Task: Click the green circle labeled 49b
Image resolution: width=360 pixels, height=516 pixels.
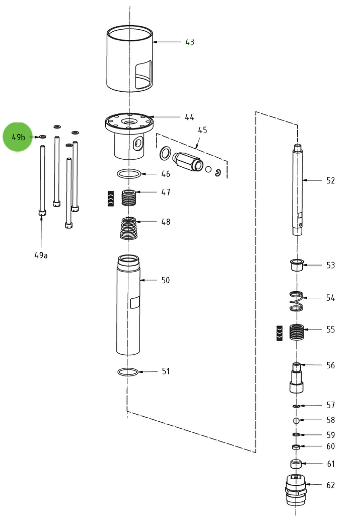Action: pyautogui.click(x=18, y=137)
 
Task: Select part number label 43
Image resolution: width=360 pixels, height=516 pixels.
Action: pyautogui.click(x=189, y=42)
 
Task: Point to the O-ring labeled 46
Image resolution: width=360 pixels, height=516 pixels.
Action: pyautogui.click(x=129, y=174)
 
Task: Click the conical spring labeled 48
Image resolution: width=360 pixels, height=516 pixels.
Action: pyautogui.click(x=130, y=228)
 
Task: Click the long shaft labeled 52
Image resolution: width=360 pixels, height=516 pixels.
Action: pyautogui.click(x=298, y=189)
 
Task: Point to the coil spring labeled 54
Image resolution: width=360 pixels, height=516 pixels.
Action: pyautogui.click(x=297, y=301)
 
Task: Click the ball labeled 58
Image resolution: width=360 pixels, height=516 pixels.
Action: pyautogui.click(x=297, y=420)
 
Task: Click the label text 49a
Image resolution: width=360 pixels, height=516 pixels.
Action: pyautogui.click(x=41, y=255)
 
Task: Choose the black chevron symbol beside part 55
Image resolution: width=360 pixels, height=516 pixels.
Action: pyautogui.click(x=279, y=333)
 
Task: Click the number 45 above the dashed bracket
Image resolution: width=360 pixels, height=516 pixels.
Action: pyautogui.click(x=202, y=130)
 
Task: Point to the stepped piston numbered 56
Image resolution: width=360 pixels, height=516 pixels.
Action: pyautogui.click(x=297, y=378)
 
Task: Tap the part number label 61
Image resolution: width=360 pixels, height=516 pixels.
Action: pyautogui.click(x=330, y=464)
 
